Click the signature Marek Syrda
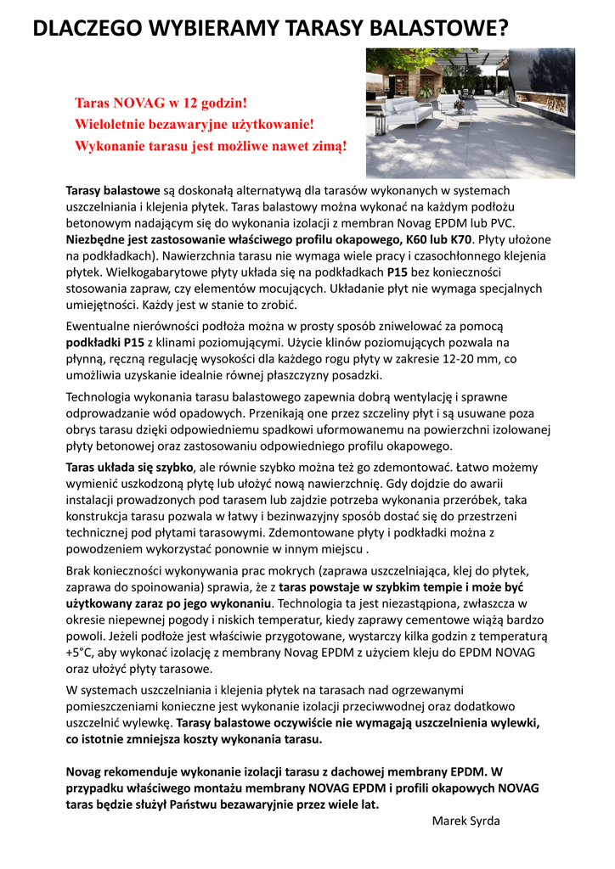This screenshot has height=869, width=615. click(x=465, y=821)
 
